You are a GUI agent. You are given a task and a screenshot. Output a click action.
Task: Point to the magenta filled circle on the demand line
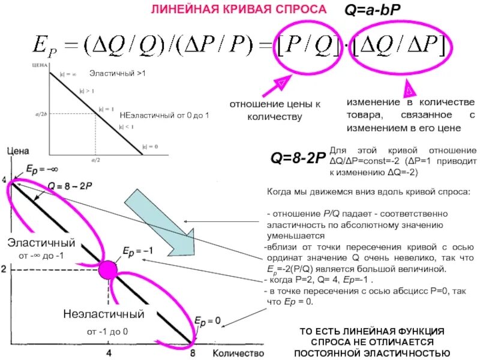109,269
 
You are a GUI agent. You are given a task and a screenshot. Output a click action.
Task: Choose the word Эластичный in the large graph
41,243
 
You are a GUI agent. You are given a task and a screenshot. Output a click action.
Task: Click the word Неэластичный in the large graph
104,314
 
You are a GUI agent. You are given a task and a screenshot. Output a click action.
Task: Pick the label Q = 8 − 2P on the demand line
70,187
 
